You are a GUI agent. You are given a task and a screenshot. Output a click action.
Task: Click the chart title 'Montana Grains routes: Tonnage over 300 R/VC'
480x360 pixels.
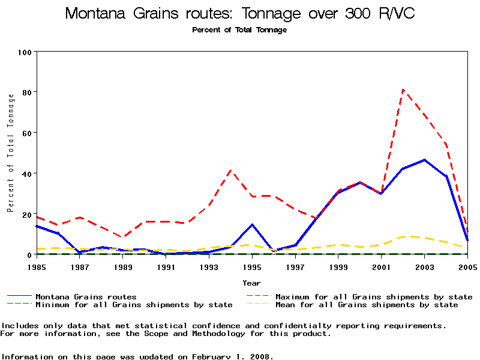[239, 14]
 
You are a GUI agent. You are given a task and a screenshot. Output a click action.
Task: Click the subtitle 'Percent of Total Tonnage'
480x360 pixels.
[239, 30]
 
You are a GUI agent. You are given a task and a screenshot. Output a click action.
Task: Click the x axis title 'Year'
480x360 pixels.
[251, 283]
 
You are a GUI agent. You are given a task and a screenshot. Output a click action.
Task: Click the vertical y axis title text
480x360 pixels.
[10, 153]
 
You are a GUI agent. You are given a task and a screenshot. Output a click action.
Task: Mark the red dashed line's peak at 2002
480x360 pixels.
[403, 90]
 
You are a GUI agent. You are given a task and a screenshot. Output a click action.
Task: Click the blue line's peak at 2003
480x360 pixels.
[424, 160]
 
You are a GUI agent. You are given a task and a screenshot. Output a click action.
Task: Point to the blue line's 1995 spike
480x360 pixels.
[252, 224]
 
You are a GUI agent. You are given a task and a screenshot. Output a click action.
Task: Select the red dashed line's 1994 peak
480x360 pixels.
[231, 170]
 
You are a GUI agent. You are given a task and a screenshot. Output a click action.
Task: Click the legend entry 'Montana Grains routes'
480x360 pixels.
[86, 297]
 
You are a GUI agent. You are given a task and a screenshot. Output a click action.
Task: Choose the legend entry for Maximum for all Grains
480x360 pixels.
[373, 297]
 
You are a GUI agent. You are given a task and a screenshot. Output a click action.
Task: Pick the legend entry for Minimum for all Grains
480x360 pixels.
[134, 305]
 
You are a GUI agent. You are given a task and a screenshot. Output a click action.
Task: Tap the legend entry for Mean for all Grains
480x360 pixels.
[366, 305]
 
